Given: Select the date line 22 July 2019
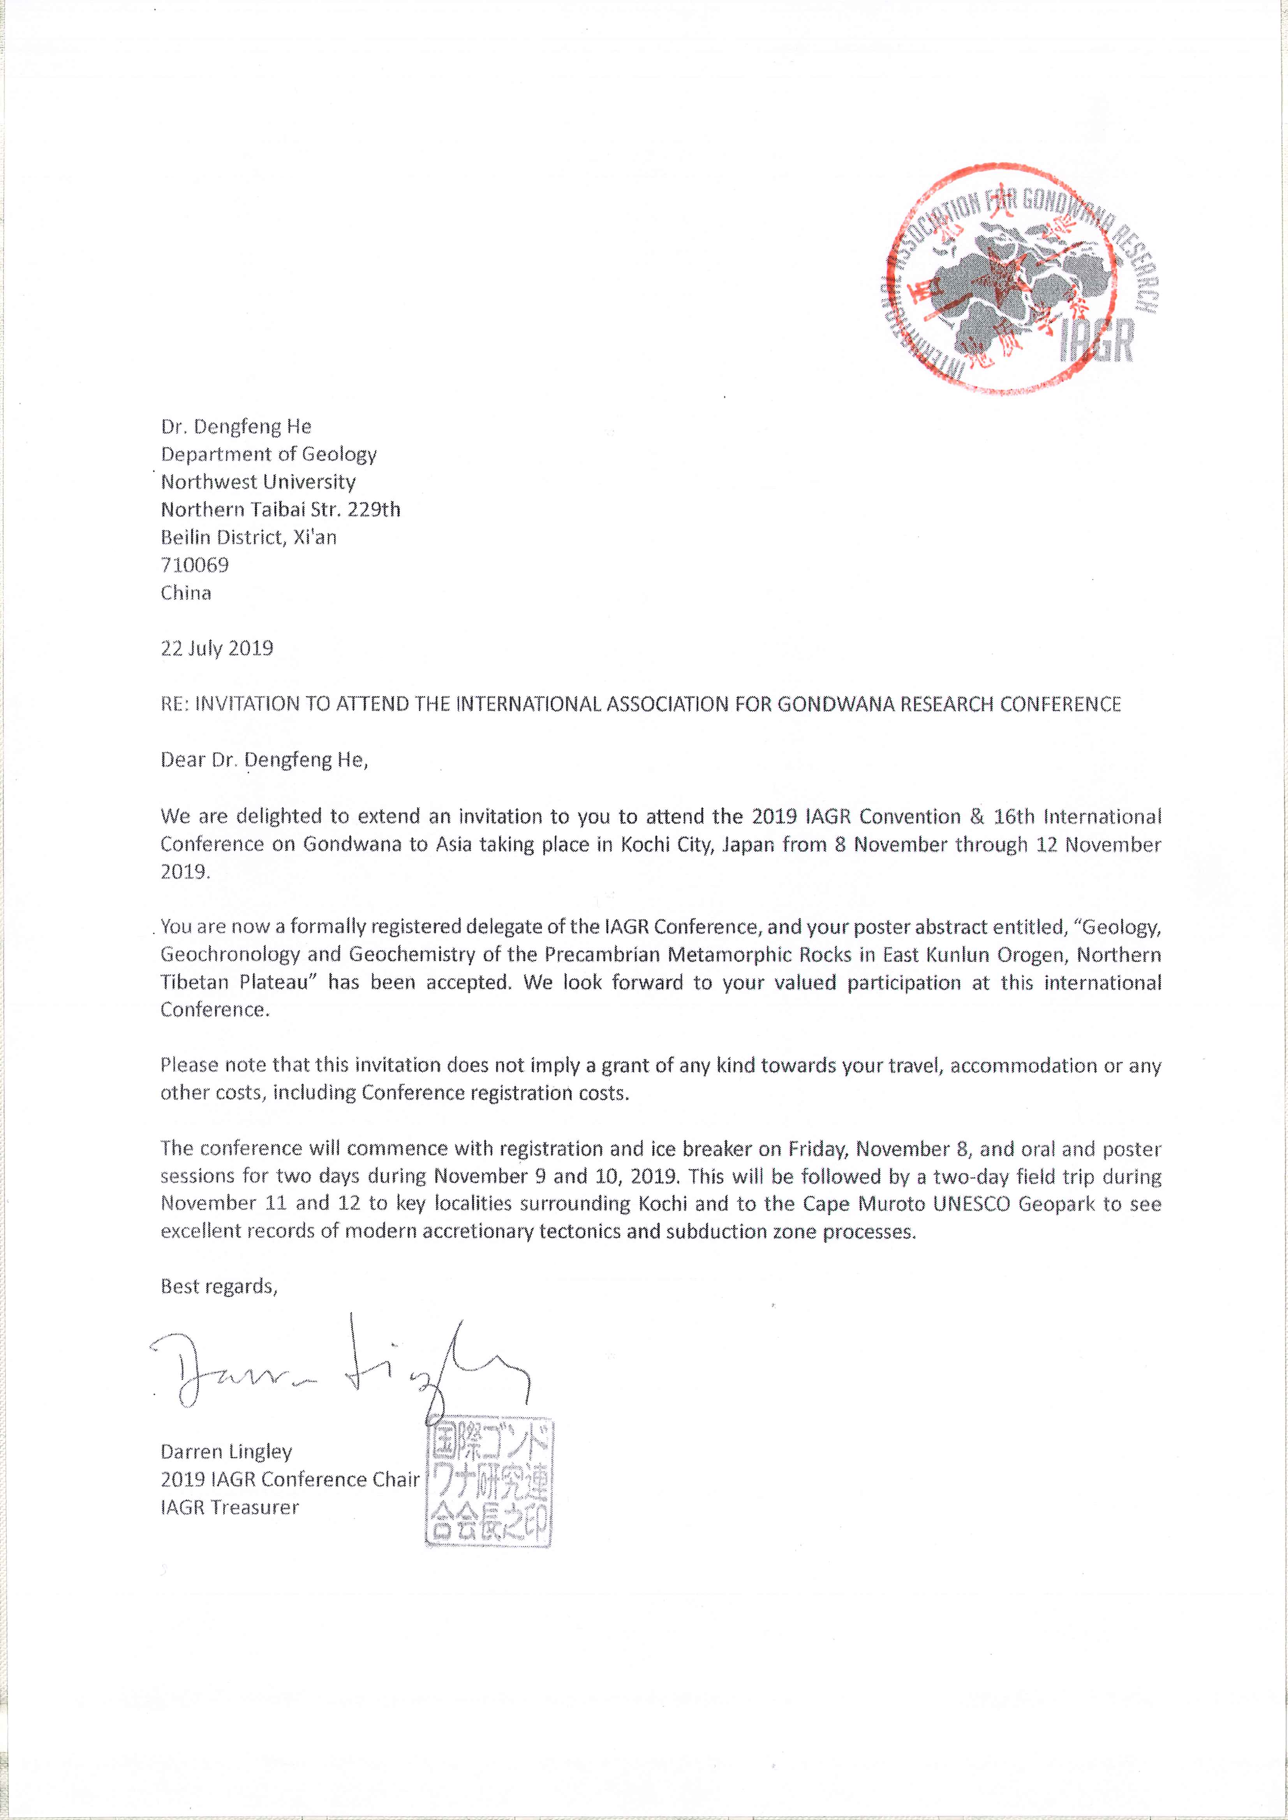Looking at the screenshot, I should point(217,648).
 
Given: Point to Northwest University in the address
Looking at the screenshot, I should point(258,481).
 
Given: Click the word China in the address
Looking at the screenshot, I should point(186,593).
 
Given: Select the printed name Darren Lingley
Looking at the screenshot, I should point(226,1451).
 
